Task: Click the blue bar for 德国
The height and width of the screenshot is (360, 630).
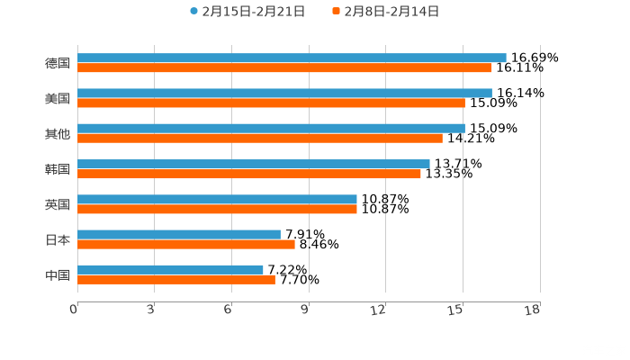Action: coord(292,58)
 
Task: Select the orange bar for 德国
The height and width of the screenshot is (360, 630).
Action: coord(284,67)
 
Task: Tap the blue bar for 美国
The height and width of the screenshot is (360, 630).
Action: coord(284,93)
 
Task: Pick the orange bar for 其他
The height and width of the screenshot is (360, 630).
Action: coord(260,138)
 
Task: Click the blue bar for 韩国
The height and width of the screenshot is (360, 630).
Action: coord(254,164)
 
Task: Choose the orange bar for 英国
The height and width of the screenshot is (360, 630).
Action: coord(217,209)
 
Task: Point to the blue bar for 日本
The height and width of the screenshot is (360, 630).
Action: coord(179,234)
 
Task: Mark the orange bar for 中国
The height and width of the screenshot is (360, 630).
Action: coord(176,279)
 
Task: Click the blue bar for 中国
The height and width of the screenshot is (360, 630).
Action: coord(170,269)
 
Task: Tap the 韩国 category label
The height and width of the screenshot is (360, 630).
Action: coord(57,169)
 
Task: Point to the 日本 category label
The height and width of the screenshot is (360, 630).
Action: coord(57,239)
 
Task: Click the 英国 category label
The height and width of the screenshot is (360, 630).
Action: coord(57,204)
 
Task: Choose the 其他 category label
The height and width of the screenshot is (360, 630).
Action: coord(57,133)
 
